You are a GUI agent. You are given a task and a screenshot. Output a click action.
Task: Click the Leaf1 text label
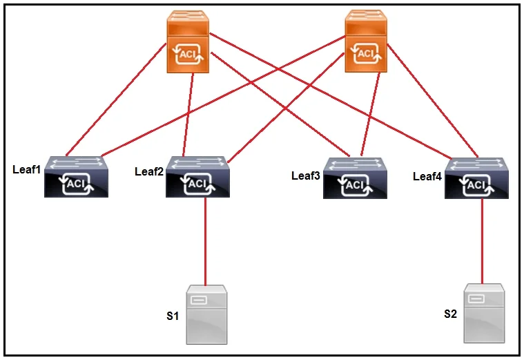click(26, 169)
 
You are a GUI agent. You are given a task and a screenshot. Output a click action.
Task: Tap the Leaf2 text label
click(149, 171)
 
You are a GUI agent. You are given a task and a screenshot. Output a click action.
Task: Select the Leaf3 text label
click(305, 176)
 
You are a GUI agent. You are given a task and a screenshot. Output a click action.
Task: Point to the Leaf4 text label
click(427, 176)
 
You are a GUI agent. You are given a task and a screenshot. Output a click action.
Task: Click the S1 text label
click(173, 316)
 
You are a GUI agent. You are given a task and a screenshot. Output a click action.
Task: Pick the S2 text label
click(450, 314)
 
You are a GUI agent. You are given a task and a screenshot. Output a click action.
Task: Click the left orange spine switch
click(188, 41)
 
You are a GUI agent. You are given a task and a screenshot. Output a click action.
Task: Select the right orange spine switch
click(366, 41)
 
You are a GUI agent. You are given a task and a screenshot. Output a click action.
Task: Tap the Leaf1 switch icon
click(76, 177)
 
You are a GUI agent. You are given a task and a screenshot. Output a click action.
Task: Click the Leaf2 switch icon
click(198, 177)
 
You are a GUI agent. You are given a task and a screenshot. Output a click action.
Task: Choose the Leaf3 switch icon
click(355, 178)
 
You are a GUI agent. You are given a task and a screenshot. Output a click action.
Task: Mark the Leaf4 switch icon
click(476, 178)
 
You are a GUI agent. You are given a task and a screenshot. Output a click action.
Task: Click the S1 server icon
click(206, 314)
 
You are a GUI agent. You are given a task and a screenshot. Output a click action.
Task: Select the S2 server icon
click(484, 313)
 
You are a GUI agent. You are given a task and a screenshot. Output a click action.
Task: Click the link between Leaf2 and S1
click(205, 241)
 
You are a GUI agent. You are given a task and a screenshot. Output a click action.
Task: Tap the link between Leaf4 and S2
click(482, 242)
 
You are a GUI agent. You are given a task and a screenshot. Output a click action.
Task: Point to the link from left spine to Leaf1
click(116, 100)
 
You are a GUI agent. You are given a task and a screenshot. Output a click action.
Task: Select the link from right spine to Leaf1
click(224, 96)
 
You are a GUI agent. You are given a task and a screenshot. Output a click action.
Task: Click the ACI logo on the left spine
click(188, 54)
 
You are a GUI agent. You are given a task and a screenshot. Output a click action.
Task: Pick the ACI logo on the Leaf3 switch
click(355, 186)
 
